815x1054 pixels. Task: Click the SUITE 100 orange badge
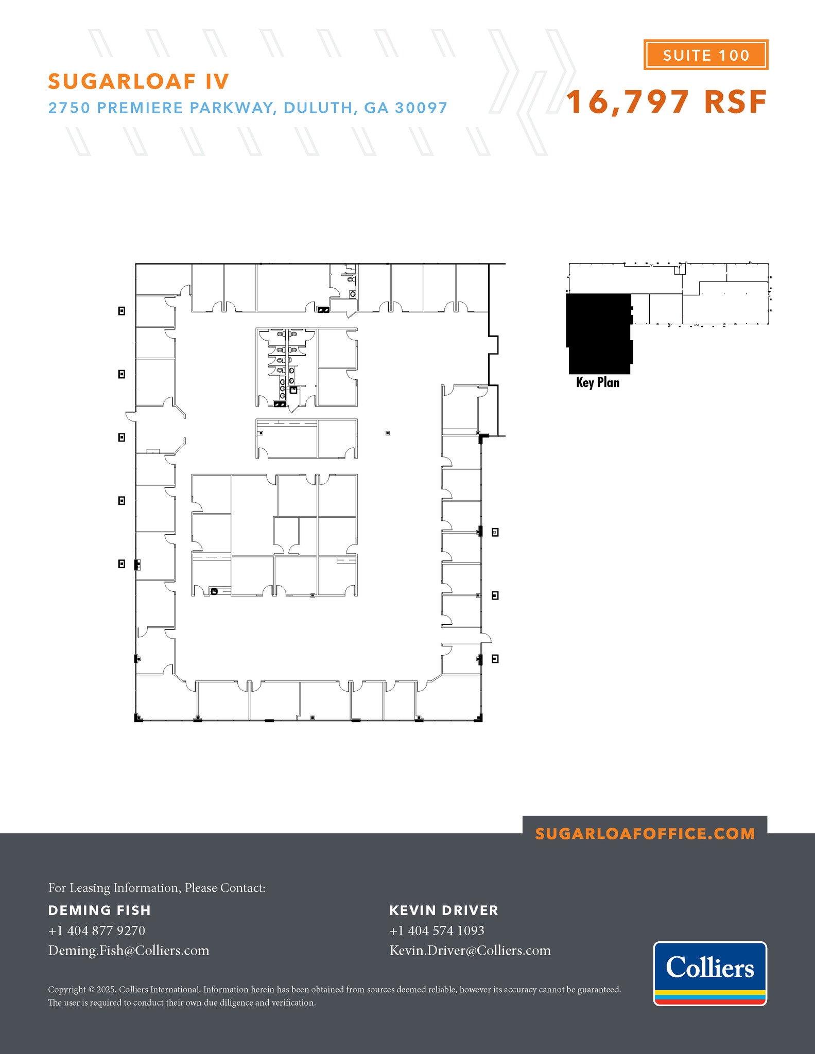pos(705,55)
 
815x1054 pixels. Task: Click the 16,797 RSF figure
pos(666,102)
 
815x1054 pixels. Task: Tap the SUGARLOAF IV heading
pos(138,81)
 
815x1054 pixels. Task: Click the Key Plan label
pos(597,382)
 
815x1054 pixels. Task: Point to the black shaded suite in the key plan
pos(598,332)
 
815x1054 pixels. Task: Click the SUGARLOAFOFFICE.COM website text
pos(645,834)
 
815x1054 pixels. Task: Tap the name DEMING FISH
pos(99,910)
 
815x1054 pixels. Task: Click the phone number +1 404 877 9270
pos(96,930)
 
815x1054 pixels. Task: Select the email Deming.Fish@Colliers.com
pos(129,950)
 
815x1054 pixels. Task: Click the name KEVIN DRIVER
pos(443,910)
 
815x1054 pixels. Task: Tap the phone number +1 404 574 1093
pos(437,930)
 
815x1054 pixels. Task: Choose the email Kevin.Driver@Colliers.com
pos(470,950)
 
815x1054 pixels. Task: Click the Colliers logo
pos(709,973)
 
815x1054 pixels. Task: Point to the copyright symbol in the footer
pos(92,990)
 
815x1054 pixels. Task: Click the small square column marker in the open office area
pos(388,433)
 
